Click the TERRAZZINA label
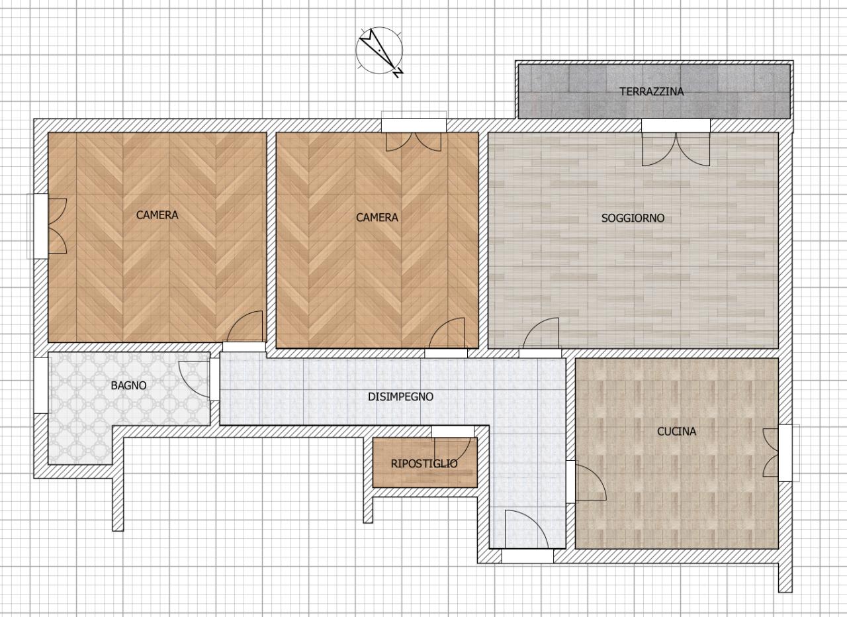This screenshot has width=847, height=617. (652, 91)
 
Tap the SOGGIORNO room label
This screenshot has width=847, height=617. (633, 218)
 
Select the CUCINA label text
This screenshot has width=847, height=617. (676, 431)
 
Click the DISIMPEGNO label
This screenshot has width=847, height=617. (400, 397)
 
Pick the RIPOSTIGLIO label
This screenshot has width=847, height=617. (424, 463)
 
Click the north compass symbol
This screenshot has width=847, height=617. (380, 51)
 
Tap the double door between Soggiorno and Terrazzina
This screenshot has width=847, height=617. (676, 149)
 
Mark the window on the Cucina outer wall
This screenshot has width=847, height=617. (789, 453)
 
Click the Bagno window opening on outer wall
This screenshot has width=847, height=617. (41, 385)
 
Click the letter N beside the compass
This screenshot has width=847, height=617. (398, 73)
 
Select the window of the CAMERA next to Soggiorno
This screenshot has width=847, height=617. (414, 125)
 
